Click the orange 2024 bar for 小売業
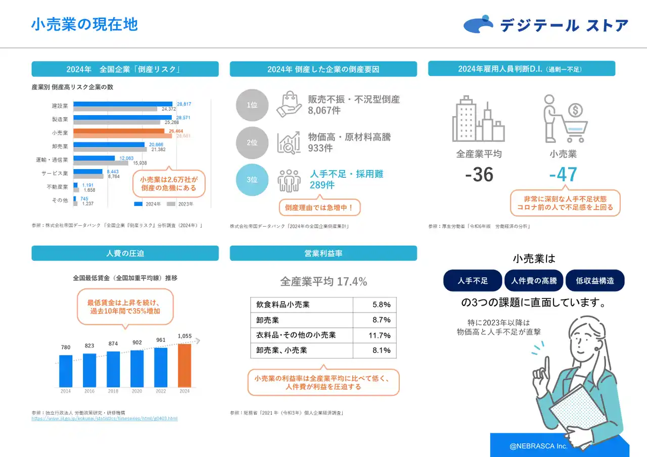click(119, 131)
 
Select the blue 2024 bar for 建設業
click(124, 104)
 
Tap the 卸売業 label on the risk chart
click(60, 146)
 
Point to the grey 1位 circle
click(252, 105)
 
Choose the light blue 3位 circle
click(252, 179)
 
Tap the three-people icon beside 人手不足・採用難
click(289, 180)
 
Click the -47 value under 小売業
click(563, 175)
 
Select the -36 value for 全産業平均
click(479, 175)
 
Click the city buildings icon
click(478, 120)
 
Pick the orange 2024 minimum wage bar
click(184, 365)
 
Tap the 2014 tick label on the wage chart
click(66, 391)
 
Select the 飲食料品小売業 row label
click(283, 305)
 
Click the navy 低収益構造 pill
click(595, 281)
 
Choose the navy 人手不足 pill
click(473, 281)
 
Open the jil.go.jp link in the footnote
click(104, 419)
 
